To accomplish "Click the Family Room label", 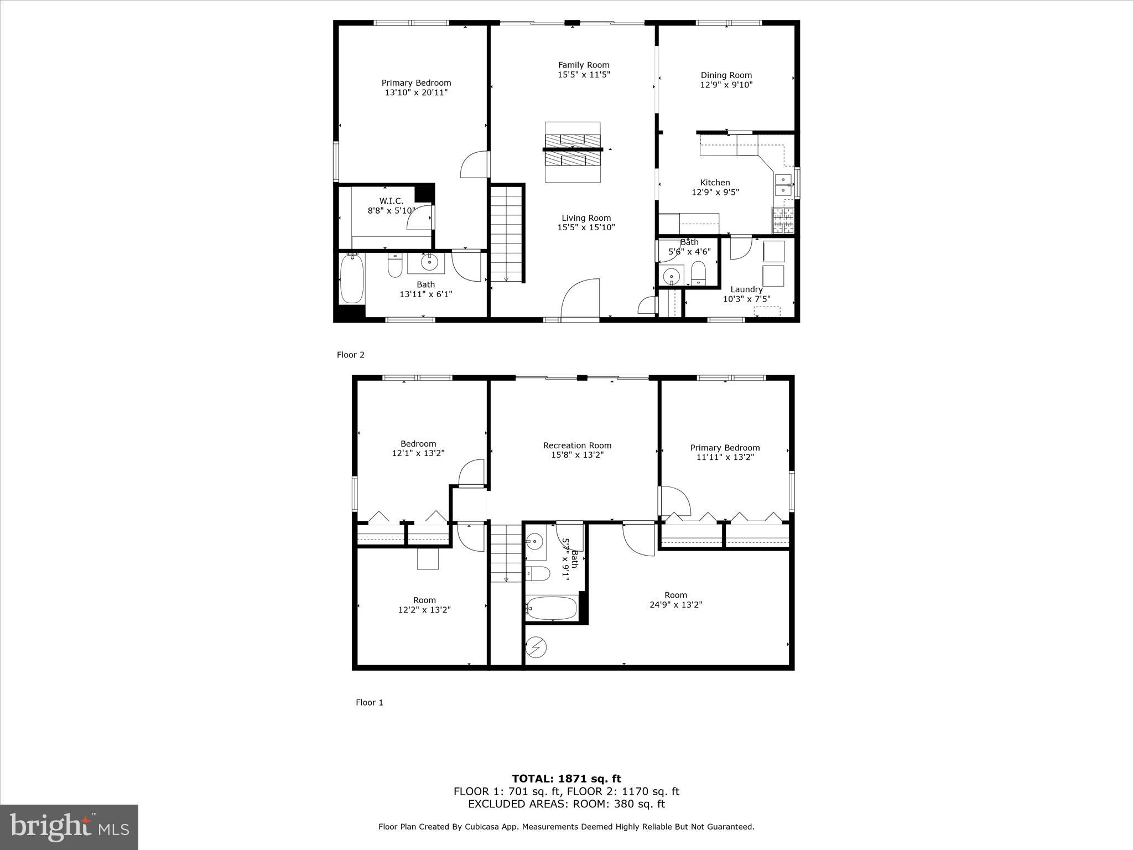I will tap(584, 65).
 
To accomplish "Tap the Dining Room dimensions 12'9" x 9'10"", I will tap(726, 85).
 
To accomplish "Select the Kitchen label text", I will tap(715, 182).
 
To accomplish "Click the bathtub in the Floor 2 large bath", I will tap(351, 278).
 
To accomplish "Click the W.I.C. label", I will tap(391, 201).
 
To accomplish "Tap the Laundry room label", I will tap(746, 289).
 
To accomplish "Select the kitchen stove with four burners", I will tap(783, 220).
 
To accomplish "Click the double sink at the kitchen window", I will tap(782, 185).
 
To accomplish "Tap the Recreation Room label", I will tap(577, 445).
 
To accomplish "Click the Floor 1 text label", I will tap(369, 702).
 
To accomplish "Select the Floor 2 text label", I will tap(351, 355).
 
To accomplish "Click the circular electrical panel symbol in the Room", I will tap(537, 646).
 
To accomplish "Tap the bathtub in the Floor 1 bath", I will tap(552, 608).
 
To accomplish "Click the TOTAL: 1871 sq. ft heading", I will tap(566, 779).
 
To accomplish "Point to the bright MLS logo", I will tap(69, 827).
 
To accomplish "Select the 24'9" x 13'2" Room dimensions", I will tap(675, 605).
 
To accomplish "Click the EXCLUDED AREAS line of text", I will tap(566, 804).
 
